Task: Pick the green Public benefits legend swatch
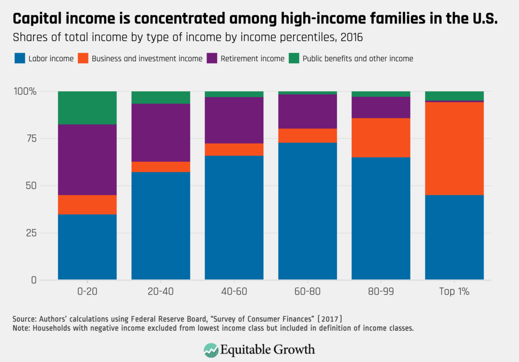tap(294, 59)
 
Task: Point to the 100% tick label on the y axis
tap(25, 91)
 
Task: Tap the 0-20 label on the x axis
tap(87, 292)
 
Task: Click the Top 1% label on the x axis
tap(454, 292)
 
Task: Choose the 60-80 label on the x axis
tap(308, 292)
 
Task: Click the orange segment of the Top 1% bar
tap(454, 148)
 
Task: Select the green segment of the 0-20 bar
tap(87, 108)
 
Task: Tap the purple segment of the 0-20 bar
tap(87, 159)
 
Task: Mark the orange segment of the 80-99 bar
tap(381, 137)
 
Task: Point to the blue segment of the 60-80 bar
tap(308, 211)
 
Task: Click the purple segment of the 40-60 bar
tap(234, 120)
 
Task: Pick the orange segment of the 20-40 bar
tap(161, 167)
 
